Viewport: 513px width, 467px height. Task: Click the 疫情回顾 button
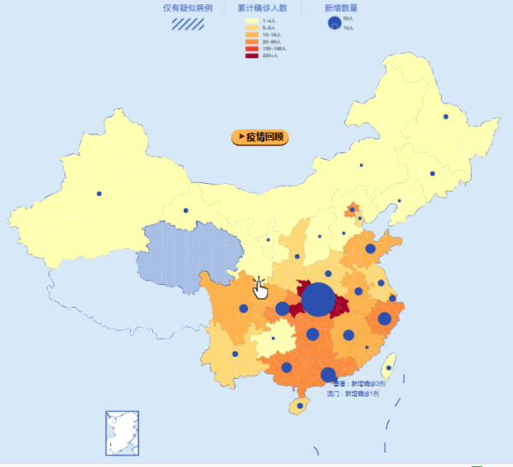(260, 137)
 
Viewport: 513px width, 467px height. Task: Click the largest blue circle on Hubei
(319, 299)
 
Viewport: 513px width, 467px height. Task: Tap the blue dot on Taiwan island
(389, 368)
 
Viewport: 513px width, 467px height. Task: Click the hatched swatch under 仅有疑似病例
(187, 24)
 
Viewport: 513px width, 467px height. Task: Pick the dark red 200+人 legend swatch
(251, 56)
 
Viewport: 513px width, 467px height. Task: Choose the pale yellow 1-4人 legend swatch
(251, 20)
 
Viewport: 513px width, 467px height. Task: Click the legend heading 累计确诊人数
(262, 8)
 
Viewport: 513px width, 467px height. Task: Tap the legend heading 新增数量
(341, 8)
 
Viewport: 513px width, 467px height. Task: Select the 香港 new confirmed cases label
(358, 384)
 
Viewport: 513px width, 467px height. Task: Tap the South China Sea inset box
(121, 434)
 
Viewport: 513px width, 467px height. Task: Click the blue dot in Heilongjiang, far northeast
(445, 116)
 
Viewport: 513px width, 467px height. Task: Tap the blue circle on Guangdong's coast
(328, 375)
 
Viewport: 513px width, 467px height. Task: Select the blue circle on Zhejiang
(385, 319)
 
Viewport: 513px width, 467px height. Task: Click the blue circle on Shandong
(370, 249)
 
